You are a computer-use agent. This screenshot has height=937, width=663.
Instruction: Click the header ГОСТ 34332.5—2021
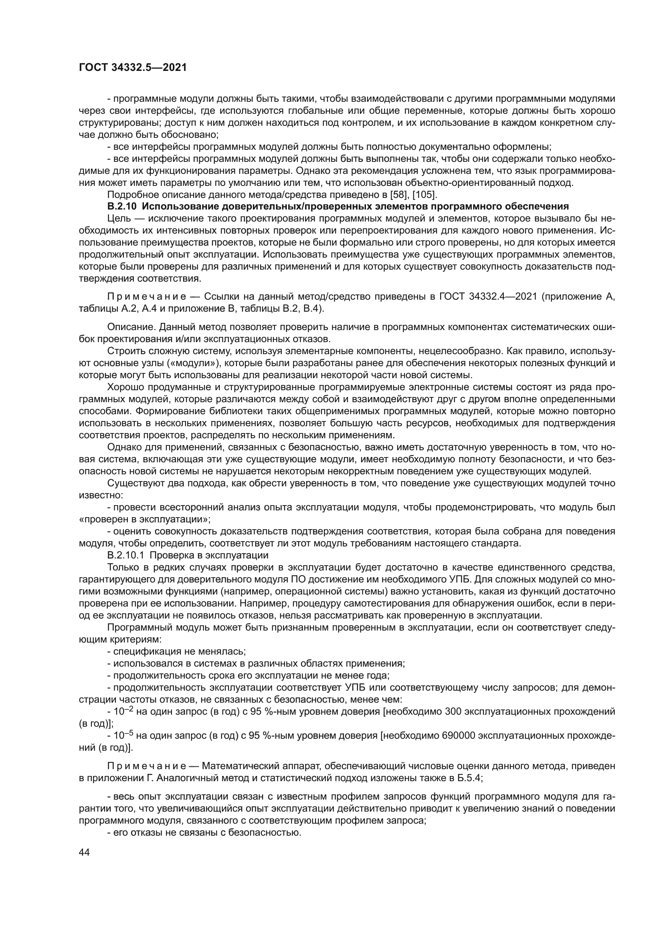133,68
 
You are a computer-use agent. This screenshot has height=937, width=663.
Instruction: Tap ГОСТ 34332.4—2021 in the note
489,296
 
